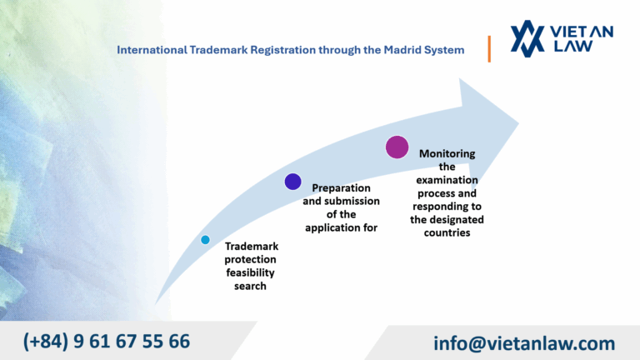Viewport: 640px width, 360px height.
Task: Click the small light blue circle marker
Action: pyautogui.click(x=205, y=240)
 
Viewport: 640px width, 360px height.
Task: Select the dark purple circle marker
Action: pyautogui.click(x=292, y=182)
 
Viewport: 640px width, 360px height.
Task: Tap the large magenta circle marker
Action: pyautogui.click(x=397, y=147)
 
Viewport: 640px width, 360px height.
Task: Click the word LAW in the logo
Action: pyautogui.click(x=572, y=47)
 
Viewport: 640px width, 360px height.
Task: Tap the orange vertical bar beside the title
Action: pyautogui.click(x=489, y=49)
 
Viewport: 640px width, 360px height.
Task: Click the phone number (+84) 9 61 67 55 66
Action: pyautogui.click(x=107, y=341)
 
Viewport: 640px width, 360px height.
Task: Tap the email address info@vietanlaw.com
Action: pyautogui.click(x=524, y=342)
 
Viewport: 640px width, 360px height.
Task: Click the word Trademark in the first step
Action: pyautogui.click(x=252, y=247)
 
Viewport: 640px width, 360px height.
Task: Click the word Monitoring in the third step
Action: pyautogui.click(x=447, y=153)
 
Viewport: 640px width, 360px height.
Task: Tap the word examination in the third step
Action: pyautogui.click(x=447, y=180)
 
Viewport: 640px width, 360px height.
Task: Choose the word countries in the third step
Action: pyautogui.click(x=447, y=233)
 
